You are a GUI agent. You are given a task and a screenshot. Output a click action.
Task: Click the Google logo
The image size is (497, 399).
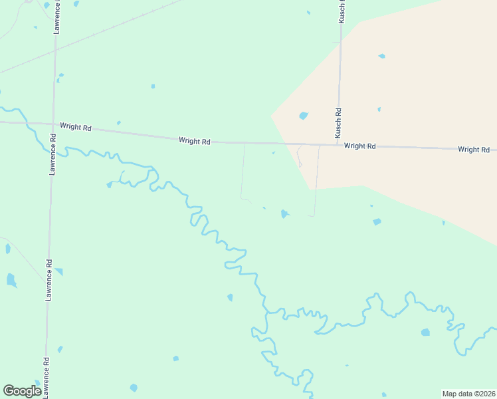pos(22,391)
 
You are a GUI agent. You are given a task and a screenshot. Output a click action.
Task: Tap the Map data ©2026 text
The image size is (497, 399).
pos(469,393)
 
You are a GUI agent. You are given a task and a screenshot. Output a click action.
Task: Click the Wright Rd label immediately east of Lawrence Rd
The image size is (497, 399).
pos(74,126)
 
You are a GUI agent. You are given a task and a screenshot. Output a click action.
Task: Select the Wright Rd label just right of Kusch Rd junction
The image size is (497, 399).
pos(359,146)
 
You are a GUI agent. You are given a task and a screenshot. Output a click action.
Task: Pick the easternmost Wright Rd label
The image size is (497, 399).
pos(473,150)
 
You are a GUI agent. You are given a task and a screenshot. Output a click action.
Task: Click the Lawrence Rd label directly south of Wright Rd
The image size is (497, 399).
pos(51,154)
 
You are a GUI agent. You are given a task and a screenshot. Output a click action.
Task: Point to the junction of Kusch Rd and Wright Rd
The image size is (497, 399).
pos(338,144)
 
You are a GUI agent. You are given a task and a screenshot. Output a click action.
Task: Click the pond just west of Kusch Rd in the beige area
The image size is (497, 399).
pos(304,116)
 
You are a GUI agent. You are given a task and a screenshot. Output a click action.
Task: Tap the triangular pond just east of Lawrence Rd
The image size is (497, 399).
pos(59,271)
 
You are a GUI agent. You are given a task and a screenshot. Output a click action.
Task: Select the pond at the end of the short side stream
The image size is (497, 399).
pos(110,185)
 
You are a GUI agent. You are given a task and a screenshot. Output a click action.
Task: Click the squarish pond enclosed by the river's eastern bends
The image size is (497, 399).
pos(425,332)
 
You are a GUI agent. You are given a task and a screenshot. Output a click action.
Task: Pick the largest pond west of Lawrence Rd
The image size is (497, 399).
pos(11,279)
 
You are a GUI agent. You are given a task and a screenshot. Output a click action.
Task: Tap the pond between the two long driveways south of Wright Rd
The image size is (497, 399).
pos(284,213)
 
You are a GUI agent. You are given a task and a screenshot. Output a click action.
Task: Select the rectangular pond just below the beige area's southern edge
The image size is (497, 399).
pos(377,221)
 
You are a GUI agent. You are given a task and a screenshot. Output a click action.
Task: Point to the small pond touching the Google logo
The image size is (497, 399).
pos(37,383)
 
